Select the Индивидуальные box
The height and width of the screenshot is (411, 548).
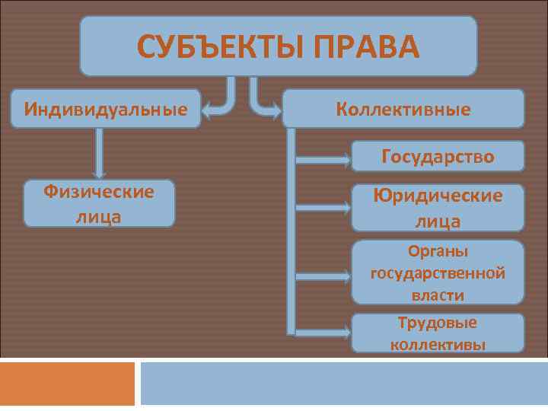coord(106,108)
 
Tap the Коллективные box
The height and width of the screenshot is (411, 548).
coord(403,109)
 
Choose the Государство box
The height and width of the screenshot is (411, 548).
coord(438,157)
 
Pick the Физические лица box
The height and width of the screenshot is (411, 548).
coord(99,203)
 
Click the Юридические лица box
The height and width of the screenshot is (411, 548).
coord(438,208)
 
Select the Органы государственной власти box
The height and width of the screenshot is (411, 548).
coord(438,272)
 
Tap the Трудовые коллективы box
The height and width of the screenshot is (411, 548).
coord(438,333)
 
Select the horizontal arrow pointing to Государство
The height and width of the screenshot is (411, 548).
coord(323,160)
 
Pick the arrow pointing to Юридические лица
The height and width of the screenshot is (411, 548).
coord(323,207)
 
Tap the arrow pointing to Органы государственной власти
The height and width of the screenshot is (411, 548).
coord(323,276)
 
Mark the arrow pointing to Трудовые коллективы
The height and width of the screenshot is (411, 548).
coord(323,333)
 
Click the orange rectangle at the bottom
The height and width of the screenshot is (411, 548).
coord(67,384)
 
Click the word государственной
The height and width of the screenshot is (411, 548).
coord(438,272)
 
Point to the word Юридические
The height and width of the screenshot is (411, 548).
coord(438,196)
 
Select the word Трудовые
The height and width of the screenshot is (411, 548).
coord(438,323)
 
